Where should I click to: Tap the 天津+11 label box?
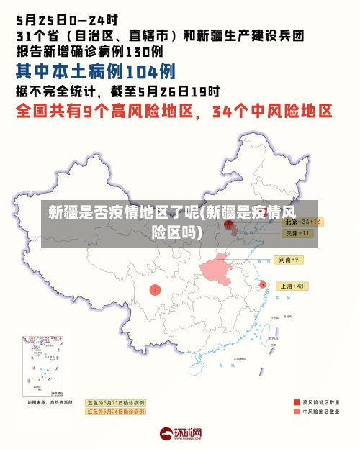pos(297,233)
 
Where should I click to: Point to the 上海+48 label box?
pos(291,286)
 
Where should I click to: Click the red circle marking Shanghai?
pos(263,285)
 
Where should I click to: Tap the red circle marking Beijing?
pos(230,224)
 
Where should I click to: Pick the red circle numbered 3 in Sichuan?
pos(154,289)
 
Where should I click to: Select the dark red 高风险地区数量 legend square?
pos(297,402)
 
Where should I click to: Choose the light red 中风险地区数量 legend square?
pos(297,412)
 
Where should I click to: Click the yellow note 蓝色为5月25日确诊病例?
pos(115,402)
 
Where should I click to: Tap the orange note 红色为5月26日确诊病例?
pos(115,412)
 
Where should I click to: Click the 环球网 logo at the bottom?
pos(180,434)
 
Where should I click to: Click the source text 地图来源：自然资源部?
pos(50,402)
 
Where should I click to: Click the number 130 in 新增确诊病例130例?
pos(138,51)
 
